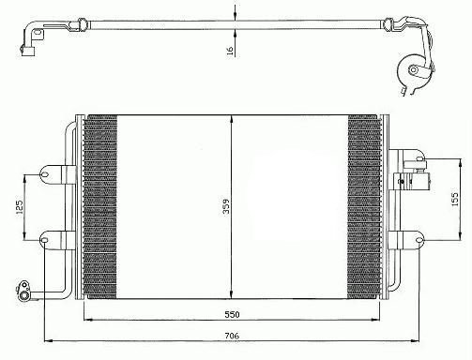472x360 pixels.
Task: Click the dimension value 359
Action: (226, 206)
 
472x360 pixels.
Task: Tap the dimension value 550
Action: (232, 314)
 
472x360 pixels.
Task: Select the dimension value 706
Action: (232, 336)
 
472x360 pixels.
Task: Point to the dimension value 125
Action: (20, 207)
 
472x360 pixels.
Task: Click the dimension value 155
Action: (455, 199)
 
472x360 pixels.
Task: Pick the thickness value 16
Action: (230, 51)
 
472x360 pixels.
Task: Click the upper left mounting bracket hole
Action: (44, 173)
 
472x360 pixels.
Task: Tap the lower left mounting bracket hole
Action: (44, 240)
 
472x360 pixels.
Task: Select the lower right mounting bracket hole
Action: (419, 240)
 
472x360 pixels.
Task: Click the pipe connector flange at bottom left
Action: (23, 292)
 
